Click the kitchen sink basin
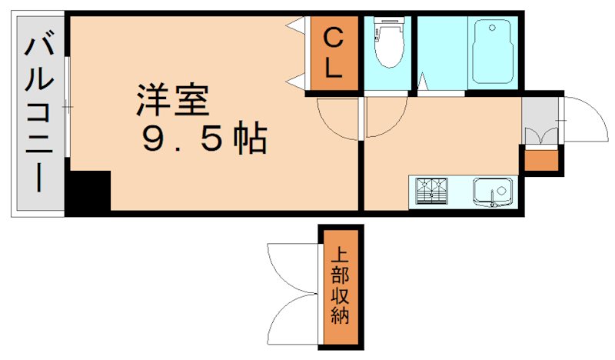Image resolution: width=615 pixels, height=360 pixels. (x=492, y=190)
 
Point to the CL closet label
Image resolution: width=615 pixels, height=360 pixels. (x=333, y=52)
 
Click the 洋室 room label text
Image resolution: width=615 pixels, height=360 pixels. (x=172, y=101)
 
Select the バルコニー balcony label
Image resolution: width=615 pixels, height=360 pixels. (x=38, y=115)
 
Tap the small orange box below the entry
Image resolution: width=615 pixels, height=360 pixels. (x=542, y=161)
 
